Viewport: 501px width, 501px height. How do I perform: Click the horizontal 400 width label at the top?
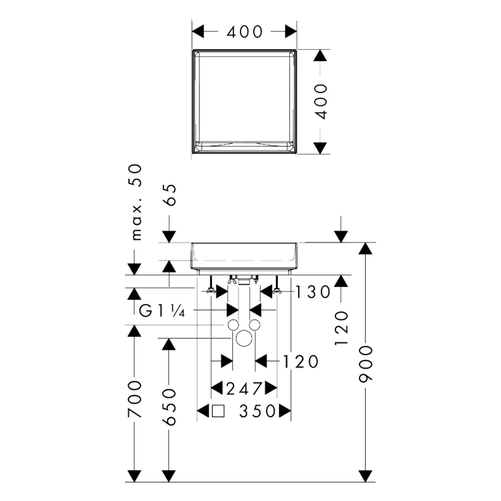tap(245, 32)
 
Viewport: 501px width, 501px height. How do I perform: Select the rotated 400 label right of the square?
tap(321, 102)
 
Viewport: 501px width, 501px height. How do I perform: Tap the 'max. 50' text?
tap(136, 202)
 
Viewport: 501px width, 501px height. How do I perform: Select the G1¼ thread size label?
tap(162, 311)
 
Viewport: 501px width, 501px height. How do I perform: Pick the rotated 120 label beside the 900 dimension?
tap(341, 329)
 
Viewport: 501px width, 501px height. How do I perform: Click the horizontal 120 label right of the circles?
tap(301, 361)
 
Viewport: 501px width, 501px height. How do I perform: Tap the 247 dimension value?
tap(244, 388)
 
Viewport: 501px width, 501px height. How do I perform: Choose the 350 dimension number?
tap(258, 411)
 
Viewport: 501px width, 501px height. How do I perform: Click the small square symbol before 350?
tap(218, 411)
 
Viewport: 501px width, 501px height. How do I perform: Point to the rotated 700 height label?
tap(135, 399)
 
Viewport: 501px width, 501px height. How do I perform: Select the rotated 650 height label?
tap(170, 407)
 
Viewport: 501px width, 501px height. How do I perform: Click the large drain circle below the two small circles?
tap(244, 338)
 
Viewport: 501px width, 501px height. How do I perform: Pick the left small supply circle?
tap(233, 325)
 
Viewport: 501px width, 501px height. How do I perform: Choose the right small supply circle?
tap(255, 325)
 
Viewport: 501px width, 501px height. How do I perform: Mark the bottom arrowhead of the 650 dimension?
tap(169, 476)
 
